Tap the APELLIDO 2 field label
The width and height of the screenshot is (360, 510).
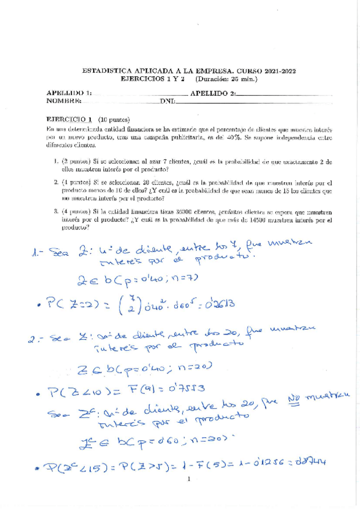coord(213,93)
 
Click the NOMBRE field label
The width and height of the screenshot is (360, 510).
coord(63,100)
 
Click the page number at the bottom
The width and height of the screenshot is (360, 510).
coord(188,479)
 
